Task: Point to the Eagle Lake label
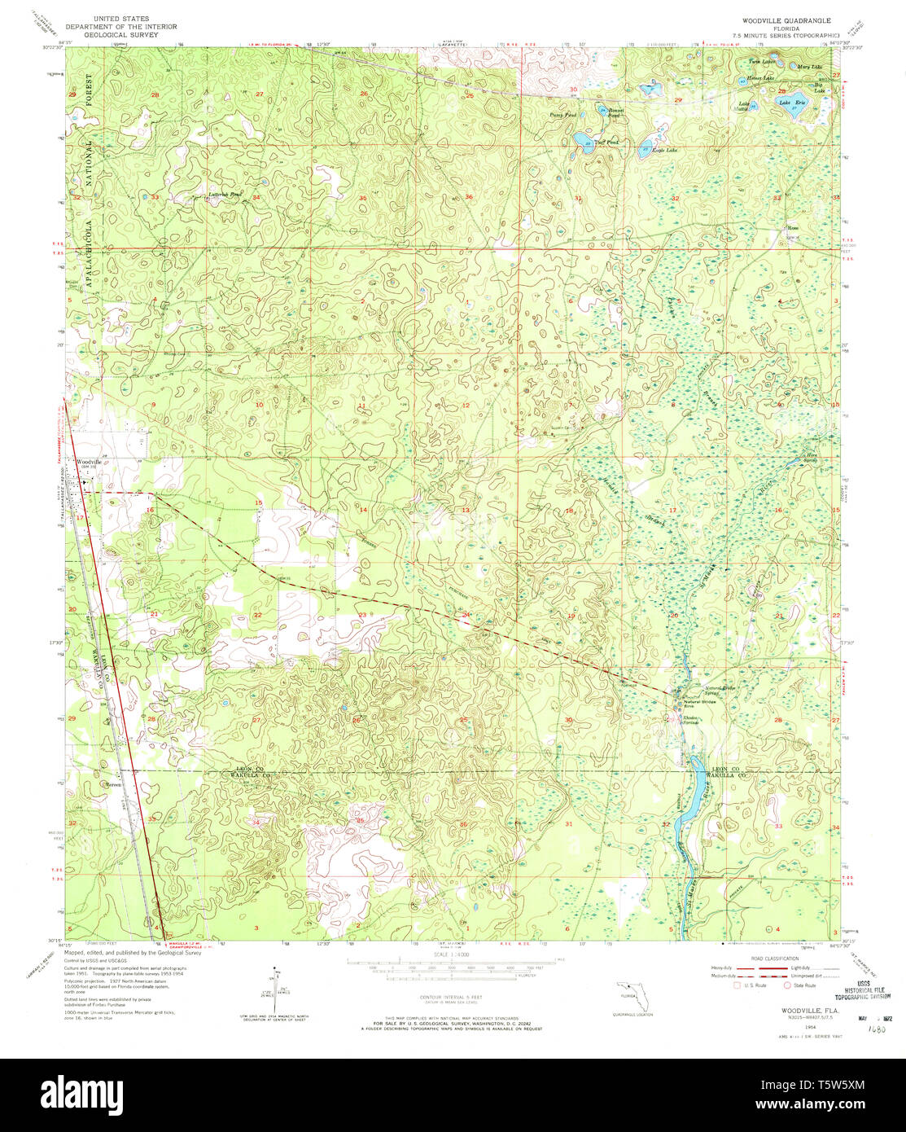coord(665,151)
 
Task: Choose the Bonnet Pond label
coord(614,114)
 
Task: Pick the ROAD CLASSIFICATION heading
coord(777,961)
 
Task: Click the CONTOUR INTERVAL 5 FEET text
coord(453,997)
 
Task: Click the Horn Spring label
coord(811,458)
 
